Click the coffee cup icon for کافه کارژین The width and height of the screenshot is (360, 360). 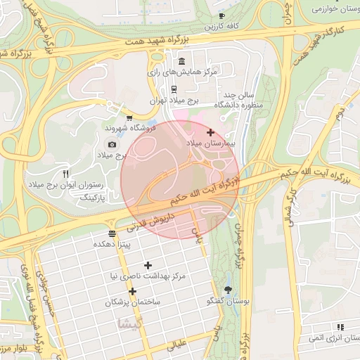[x=221, y=15]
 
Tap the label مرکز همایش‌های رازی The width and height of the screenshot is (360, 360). [x=182, y=72]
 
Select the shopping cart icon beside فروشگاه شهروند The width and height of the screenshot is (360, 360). [x=129, y=117]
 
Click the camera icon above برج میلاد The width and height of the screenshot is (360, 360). [x=112, y=143]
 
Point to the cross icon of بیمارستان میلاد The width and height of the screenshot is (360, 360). [x=210, y=132]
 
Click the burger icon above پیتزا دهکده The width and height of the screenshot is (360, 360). [x=112, y=233]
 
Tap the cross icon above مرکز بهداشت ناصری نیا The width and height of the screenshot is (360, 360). [x=148, y=265]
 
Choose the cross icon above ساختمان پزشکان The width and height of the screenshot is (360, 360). [x=131, y=290]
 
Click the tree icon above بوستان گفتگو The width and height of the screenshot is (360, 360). [x=228, y=290]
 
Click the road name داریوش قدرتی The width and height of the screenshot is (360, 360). [x=146, y=223]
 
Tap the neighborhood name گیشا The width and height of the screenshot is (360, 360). [x=132, y=323]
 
